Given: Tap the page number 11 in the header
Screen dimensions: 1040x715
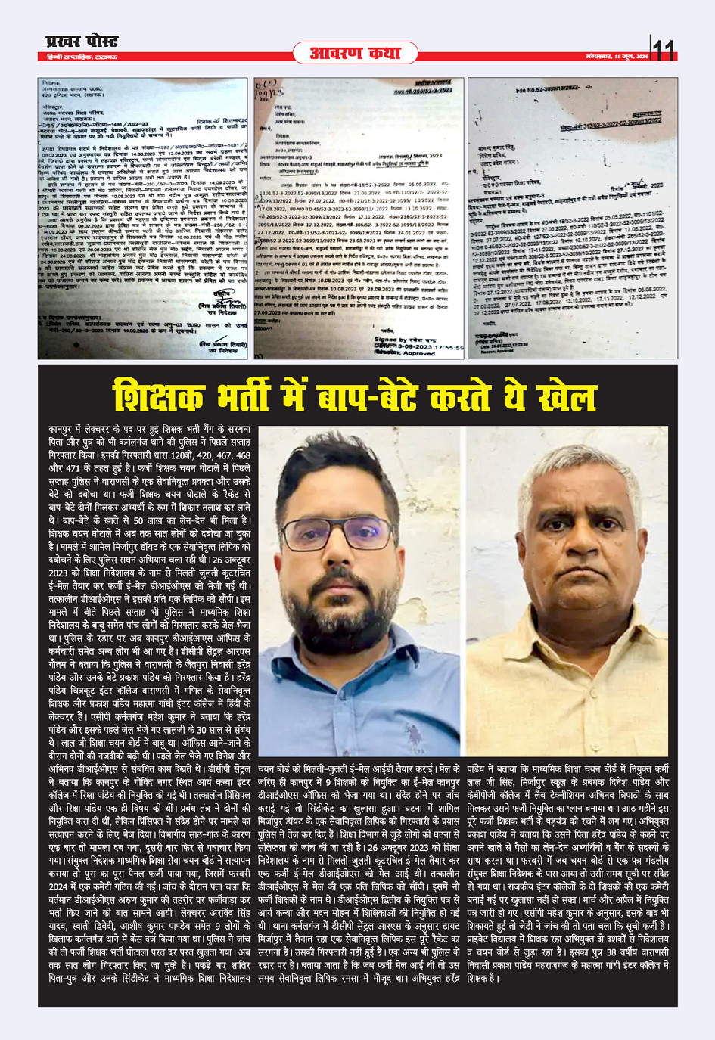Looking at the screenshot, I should tap(664, 50).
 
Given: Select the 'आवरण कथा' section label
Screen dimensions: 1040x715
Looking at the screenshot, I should tap(365, 52).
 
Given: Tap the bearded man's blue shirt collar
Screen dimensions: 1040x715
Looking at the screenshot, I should tap(356, 666).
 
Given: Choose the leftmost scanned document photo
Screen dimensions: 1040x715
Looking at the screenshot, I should tap(143, 218).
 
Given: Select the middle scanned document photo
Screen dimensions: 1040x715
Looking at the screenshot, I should tap(359, 218).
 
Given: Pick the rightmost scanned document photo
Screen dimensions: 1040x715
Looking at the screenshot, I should tap(573, 218).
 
